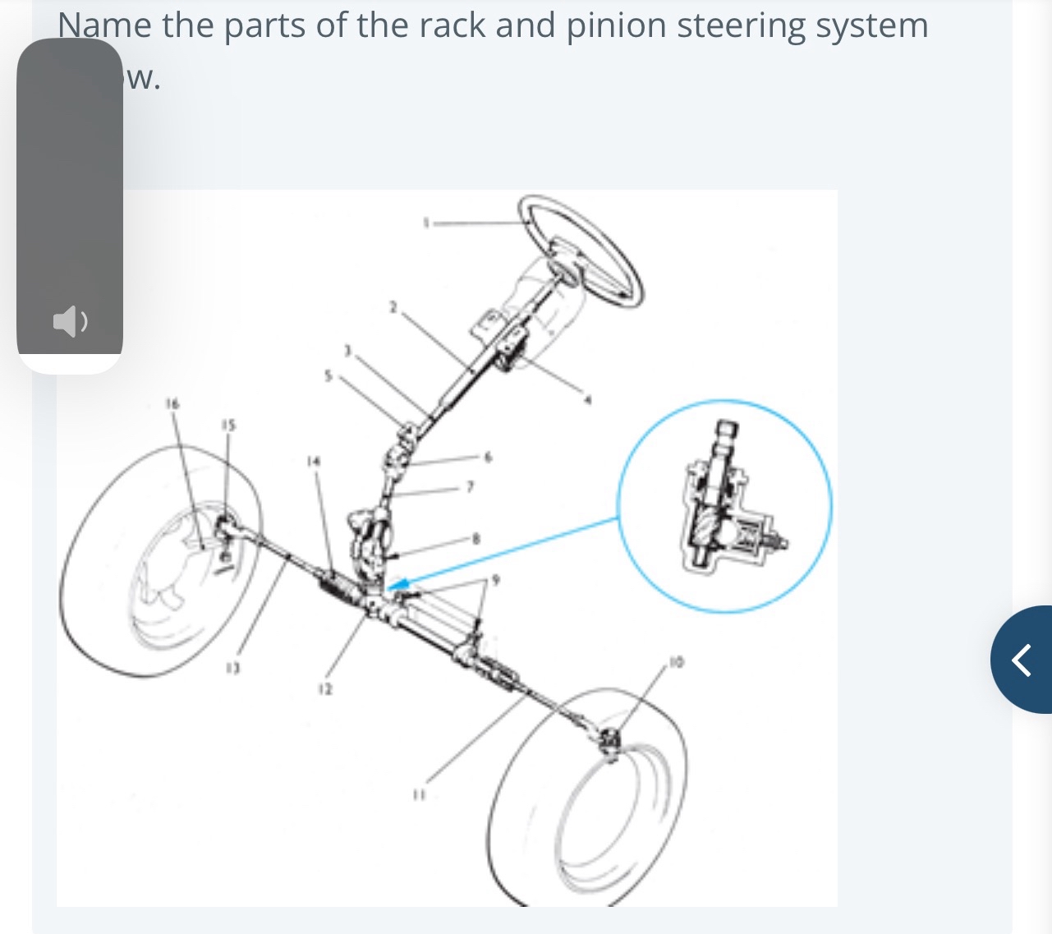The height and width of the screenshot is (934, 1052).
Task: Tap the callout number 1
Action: (x=425, y=222)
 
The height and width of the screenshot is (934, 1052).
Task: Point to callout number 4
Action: (x=587, y=401)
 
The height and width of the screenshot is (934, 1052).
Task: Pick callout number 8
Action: (x=475, y=540)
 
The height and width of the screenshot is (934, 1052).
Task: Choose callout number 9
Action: (x=494, y=580)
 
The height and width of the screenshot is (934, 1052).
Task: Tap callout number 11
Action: (x=419, y=794)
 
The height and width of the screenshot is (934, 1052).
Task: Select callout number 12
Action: (x=324, y=690)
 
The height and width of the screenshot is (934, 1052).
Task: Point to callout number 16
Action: (x=172, y=403)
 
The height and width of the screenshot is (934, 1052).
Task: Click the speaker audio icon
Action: (x=70, y=321)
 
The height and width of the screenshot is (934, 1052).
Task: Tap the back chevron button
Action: (x=1022, y=659)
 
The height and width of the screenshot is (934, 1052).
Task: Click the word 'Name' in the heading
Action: (x=104, y=25)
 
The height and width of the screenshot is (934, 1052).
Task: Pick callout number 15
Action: (x=227, y=425)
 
